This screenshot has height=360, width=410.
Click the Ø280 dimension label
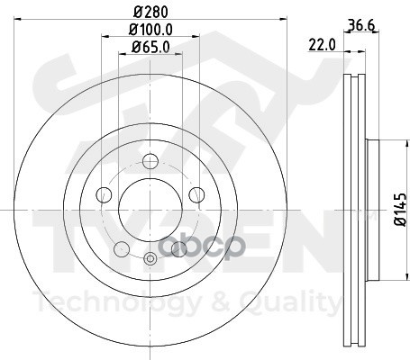150,13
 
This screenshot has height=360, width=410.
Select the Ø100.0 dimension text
150,30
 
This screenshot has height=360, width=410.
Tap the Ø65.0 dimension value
150,47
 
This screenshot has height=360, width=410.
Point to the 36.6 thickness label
361,25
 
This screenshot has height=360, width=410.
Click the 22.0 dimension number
322,46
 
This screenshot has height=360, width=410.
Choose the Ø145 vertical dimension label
401,209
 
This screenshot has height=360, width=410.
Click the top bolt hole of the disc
150,161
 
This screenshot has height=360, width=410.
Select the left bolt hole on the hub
104,194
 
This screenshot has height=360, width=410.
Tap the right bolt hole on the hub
196,194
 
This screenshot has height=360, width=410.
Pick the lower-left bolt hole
122,248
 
